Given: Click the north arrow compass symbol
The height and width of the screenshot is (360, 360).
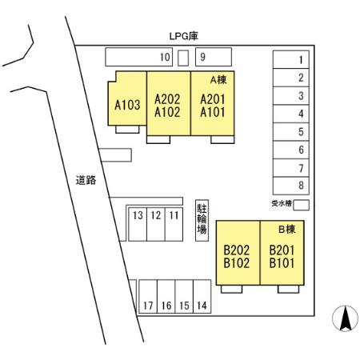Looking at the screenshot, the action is [x=345, y=318].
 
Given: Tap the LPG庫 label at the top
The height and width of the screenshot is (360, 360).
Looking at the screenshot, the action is [x=184, y=36].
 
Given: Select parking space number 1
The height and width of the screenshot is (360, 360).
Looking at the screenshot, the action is [x=291, y=59].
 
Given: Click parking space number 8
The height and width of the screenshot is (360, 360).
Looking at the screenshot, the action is [x=291, y=186].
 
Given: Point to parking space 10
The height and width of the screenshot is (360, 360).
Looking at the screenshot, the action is [x=139, y=57].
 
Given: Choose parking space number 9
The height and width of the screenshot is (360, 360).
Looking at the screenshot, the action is [x=214, y=57].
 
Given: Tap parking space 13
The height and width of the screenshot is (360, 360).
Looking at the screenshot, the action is [x=138, y=224].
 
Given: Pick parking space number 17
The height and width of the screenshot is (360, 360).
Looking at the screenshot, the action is [x=148, y=296].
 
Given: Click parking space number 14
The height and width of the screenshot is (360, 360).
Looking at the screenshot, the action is [x=202, y=296].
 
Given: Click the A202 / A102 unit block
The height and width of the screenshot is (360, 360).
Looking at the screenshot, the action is [x=169, y=103].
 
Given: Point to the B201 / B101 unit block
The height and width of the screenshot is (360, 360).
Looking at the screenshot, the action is [x=282, y=253].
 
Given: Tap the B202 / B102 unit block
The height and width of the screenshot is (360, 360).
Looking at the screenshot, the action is [x=238, y=253].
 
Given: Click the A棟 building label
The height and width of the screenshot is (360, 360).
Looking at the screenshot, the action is [x=218, y=80].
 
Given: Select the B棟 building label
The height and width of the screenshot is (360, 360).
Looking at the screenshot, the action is [x=287, y=229].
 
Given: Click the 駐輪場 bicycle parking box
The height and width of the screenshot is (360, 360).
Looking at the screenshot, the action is [x=202, y=221].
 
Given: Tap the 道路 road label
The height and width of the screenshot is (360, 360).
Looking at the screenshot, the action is [x=86, y=180].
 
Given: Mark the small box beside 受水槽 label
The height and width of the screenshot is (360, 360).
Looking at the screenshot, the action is [x=301, y=205].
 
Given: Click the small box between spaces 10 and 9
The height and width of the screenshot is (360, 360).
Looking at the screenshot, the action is [x=183, y=58].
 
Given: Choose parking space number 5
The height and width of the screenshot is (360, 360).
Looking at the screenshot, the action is [x=291, y=132].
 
